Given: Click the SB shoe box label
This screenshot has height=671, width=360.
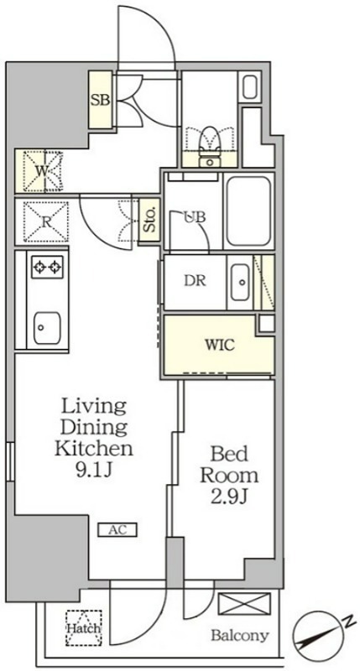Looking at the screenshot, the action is click(100, 100).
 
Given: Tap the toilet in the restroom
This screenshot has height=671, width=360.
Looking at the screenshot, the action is click(209, 143).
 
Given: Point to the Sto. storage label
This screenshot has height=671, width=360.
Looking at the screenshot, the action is click(150, 220).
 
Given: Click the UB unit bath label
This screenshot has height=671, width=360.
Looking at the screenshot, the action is click(195, 217).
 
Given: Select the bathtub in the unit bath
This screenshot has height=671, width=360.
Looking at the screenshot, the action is click(248, 211).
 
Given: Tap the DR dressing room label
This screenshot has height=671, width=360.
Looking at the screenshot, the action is click(195, 280).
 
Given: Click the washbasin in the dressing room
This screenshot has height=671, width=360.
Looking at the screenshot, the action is click(241, 282).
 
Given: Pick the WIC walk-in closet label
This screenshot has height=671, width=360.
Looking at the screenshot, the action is click(220, 345).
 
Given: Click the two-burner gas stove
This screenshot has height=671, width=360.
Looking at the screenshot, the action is click(47, 268).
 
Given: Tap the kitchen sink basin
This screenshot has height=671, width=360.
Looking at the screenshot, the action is click(47, 327).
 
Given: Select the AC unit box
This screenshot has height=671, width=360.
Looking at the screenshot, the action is click(117, 530).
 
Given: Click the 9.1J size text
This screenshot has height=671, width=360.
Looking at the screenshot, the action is click(95, 471).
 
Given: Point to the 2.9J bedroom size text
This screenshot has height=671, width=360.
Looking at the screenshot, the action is click(230, 497).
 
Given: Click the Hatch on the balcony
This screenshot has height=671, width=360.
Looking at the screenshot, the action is click(83, 628).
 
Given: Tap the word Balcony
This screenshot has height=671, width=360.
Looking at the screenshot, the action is click(240, 636).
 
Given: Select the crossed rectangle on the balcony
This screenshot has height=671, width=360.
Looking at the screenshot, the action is click(244, 604).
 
